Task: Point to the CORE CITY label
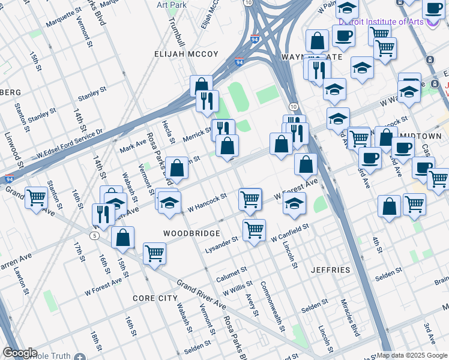[x=155, y=298]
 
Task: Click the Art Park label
[x=170, y=4]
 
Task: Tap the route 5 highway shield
[x=95, y=236]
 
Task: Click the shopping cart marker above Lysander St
[x=254, y=229]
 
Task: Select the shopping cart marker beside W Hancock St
[x=250, y=199]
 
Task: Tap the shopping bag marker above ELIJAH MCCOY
[x=201, y=85]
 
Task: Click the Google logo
[x=20, y=353]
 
